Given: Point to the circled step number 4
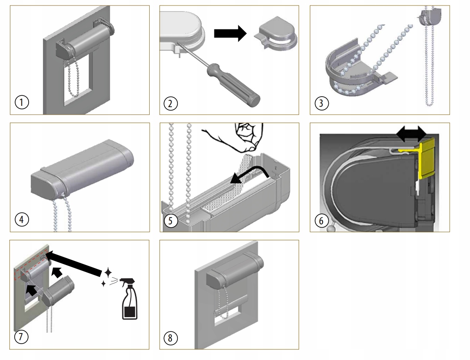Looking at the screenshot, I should pyautogui.click(x=21, y=219).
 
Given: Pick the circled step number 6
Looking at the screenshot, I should pyautogui.click(x=321, y=220).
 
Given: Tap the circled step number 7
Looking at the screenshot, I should pyautogui.click(x=21, y=337).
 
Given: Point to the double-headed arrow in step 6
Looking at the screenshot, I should pyautogui.click(x=412, y=134).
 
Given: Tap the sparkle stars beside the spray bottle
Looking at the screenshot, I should pyautogui.click(x=106, y=277).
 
